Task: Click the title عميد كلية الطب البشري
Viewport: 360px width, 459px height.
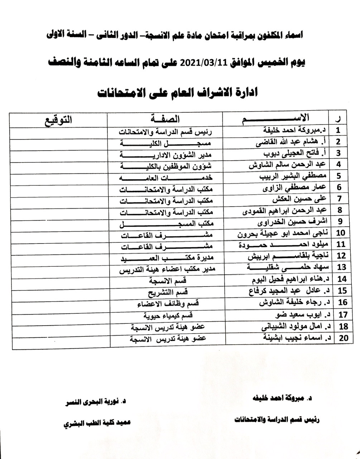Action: pos(97,422)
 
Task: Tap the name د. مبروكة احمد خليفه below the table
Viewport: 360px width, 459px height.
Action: pos(283,398)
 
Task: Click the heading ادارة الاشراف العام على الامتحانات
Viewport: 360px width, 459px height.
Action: pos(178,93)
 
